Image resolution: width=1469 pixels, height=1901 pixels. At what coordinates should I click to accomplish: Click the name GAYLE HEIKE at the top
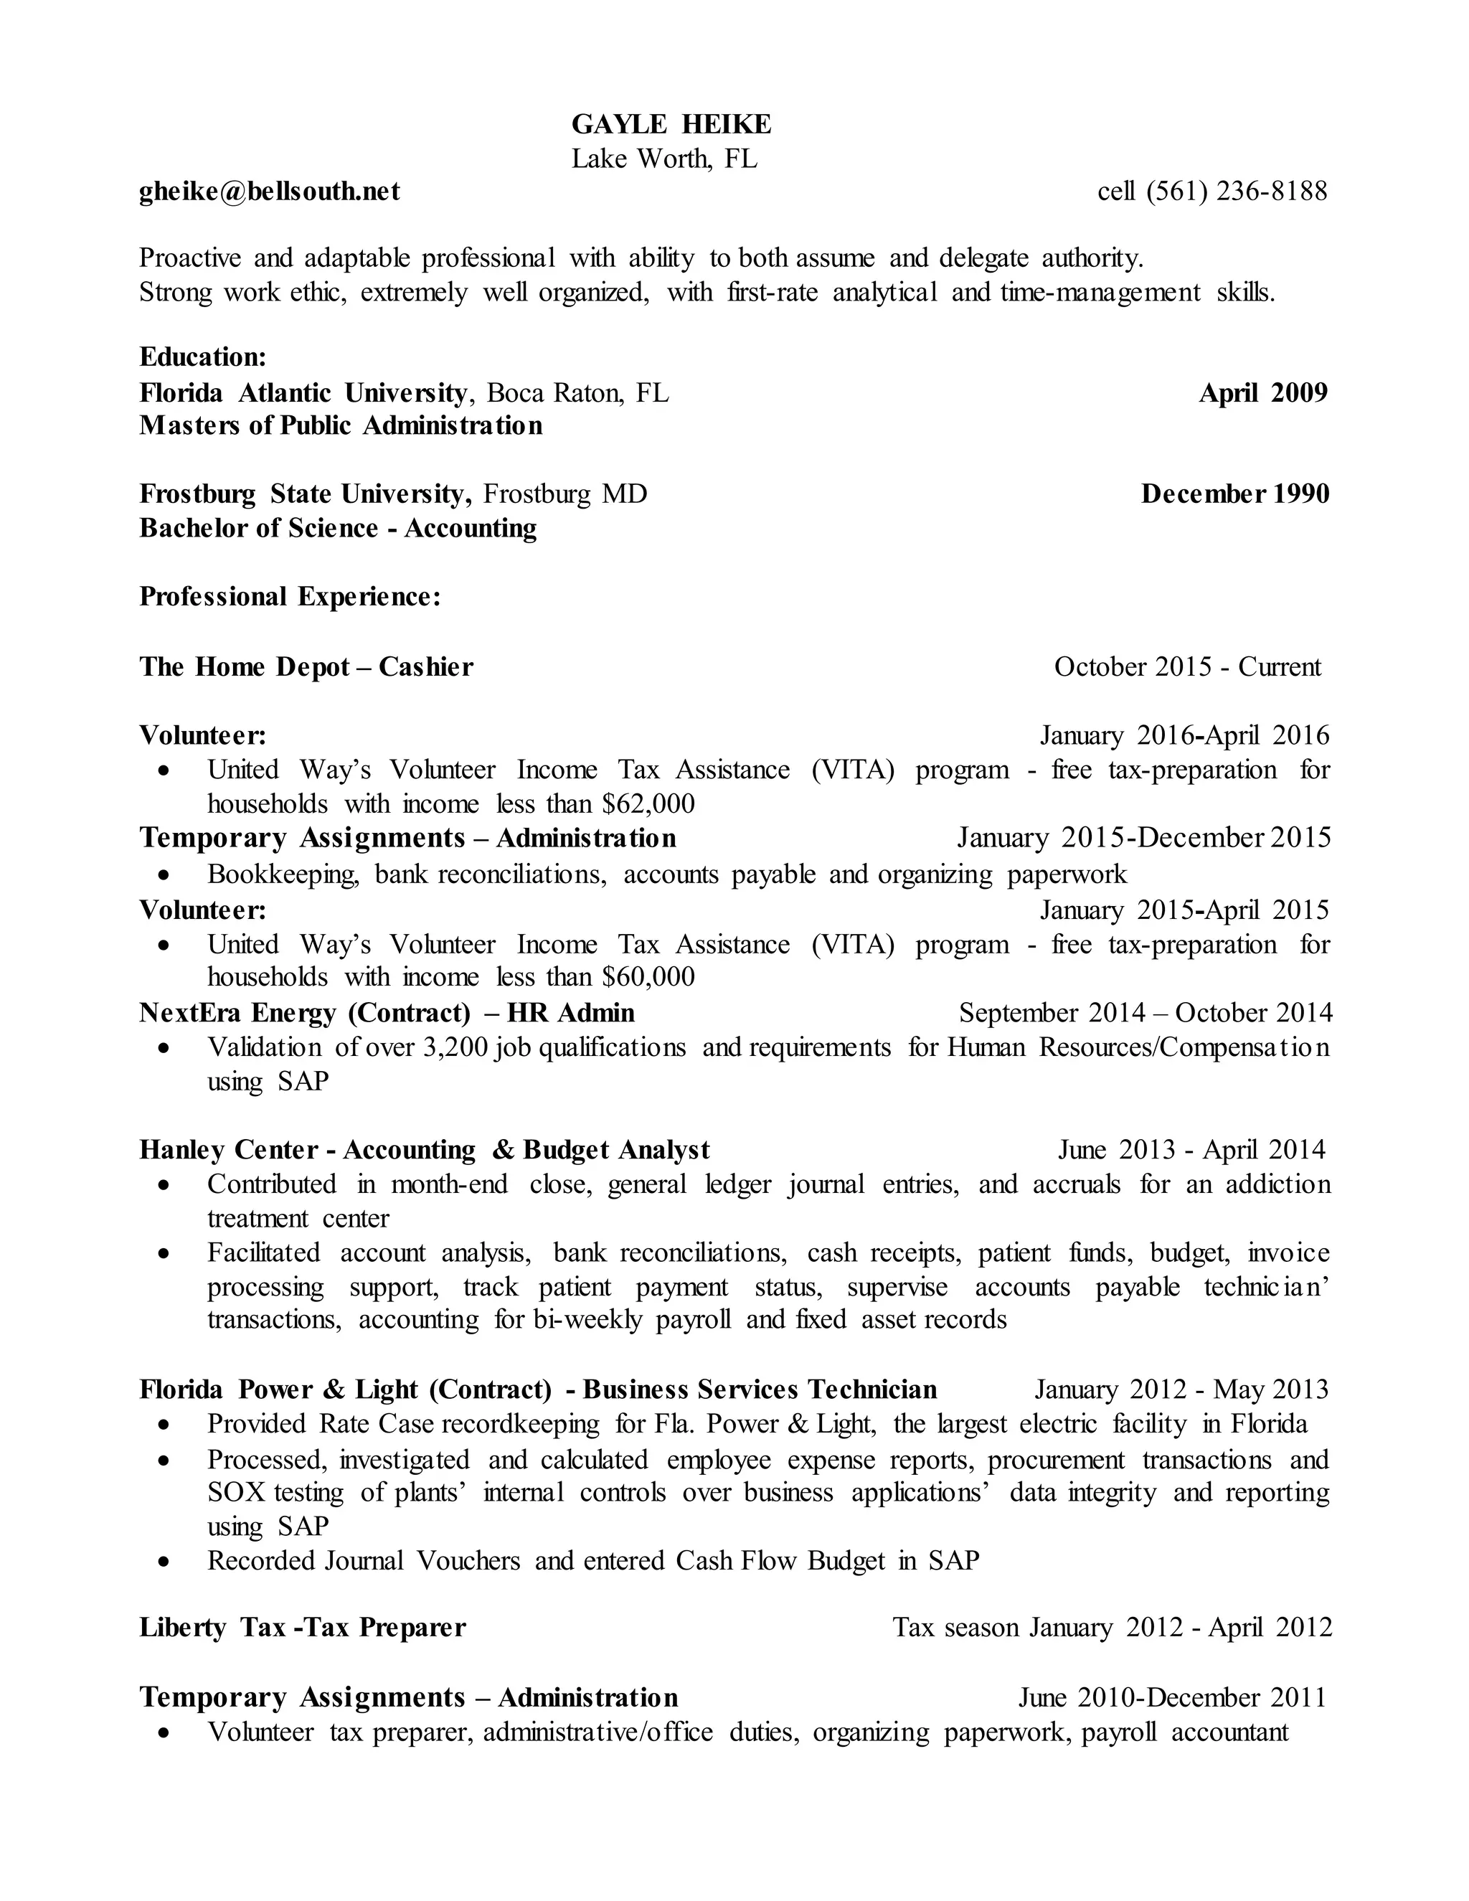click(671, 125)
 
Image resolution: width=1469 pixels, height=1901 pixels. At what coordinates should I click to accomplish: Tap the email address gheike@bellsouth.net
click(270, 191)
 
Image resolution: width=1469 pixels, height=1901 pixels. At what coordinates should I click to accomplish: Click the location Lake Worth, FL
click(664, 159)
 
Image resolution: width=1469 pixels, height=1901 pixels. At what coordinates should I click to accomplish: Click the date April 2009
click(1262, 392)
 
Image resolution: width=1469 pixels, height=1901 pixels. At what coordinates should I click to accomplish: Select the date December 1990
click(1235, 494)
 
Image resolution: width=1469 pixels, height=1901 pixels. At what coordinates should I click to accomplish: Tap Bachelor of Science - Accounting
click(338, 529)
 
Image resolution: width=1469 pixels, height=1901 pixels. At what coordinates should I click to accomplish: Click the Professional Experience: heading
click(290, 596)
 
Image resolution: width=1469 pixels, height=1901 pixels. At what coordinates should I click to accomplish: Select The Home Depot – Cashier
click(306, 666)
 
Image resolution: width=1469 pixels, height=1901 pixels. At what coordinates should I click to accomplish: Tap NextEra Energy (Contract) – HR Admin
click(387, 1012)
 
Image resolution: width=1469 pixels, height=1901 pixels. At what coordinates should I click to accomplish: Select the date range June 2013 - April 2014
click(1191, 1150)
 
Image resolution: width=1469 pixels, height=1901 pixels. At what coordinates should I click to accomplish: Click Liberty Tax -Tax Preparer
click(303, 1627)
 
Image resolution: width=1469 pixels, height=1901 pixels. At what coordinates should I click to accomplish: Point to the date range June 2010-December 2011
click(1172, 1697)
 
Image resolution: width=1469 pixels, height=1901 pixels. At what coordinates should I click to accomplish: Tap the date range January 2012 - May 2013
click(1181, 1390)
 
